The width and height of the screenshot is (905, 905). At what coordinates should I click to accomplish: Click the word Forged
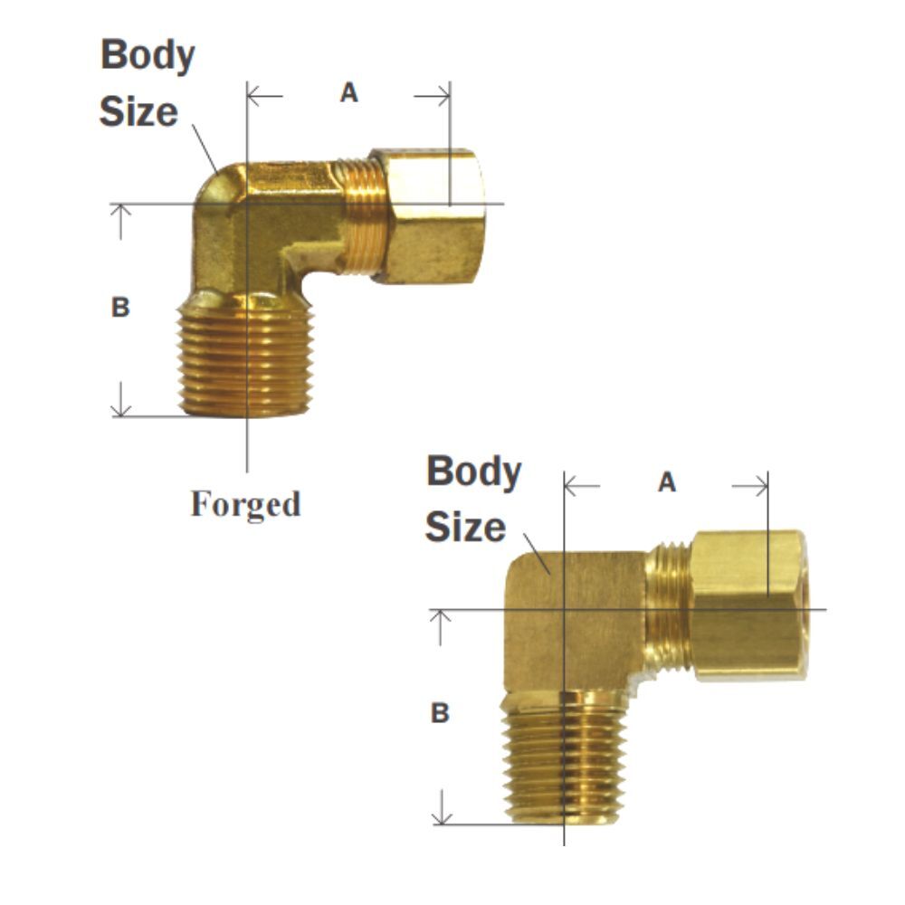click(x=245, y=504)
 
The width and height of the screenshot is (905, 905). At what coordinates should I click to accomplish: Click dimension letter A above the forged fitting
click(x=349, y=92)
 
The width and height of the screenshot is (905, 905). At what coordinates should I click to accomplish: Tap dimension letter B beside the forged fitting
click(x=120, y=308)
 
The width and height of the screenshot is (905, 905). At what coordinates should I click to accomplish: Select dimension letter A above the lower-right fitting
click(x=667, y=483)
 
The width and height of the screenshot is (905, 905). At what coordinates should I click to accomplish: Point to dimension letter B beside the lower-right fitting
click(x=440, y=714)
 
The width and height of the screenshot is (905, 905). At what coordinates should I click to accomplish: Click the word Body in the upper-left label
click(x=148, y=56)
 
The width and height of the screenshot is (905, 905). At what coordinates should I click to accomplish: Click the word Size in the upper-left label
click(x=138, y=112)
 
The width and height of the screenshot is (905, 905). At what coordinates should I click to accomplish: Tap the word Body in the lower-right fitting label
click(x=473, y=472)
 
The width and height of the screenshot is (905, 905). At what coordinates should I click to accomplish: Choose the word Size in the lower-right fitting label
click(x=465, y=528)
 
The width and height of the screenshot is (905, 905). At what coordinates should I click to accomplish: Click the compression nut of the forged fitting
click(x=427, y=217)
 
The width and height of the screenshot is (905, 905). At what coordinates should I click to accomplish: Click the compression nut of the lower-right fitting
click(x=747, y=604)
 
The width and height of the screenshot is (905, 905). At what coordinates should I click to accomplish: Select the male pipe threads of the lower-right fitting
click(x=563, y=757)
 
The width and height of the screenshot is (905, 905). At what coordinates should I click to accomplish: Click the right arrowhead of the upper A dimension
click(x=444, y=95)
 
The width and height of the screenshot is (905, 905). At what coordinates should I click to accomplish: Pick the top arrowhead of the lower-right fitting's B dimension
click(x=441, y=616)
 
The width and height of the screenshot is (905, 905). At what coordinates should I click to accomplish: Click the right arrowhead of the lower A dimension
click(x=763, y=487)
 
